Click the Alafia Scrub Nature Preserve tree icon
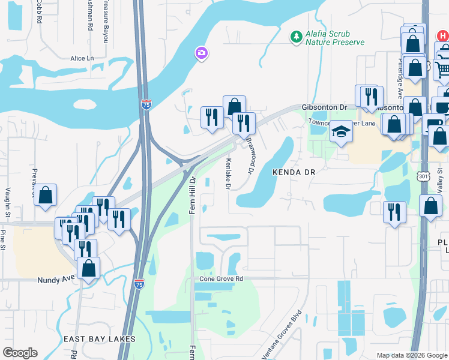pyautogui.click(x=296, y=38)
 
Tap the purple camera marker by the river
pyautogui.click(x=201, y=54)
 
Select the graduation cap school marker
pyautogui.click(x=341, y=131)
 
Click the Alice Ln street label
pyautogui.click(x=82, y=58)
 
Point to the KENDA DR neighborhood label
pyautogui.click(x=294, y=172)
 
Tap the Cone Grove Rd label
pyautogui.click(x=221, y=280)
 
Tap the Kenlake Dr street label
pyautogui.click(x=228, y=174)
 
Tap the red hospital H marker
pyautogui.click(x=443, y=35)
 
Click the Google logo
pyautogui.click(x=20, y=353)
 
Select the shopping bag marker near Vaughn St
pyautogui.click(x=46, y=196)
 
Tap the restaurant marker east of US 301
pyautogui.click(x=394, y=212)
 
